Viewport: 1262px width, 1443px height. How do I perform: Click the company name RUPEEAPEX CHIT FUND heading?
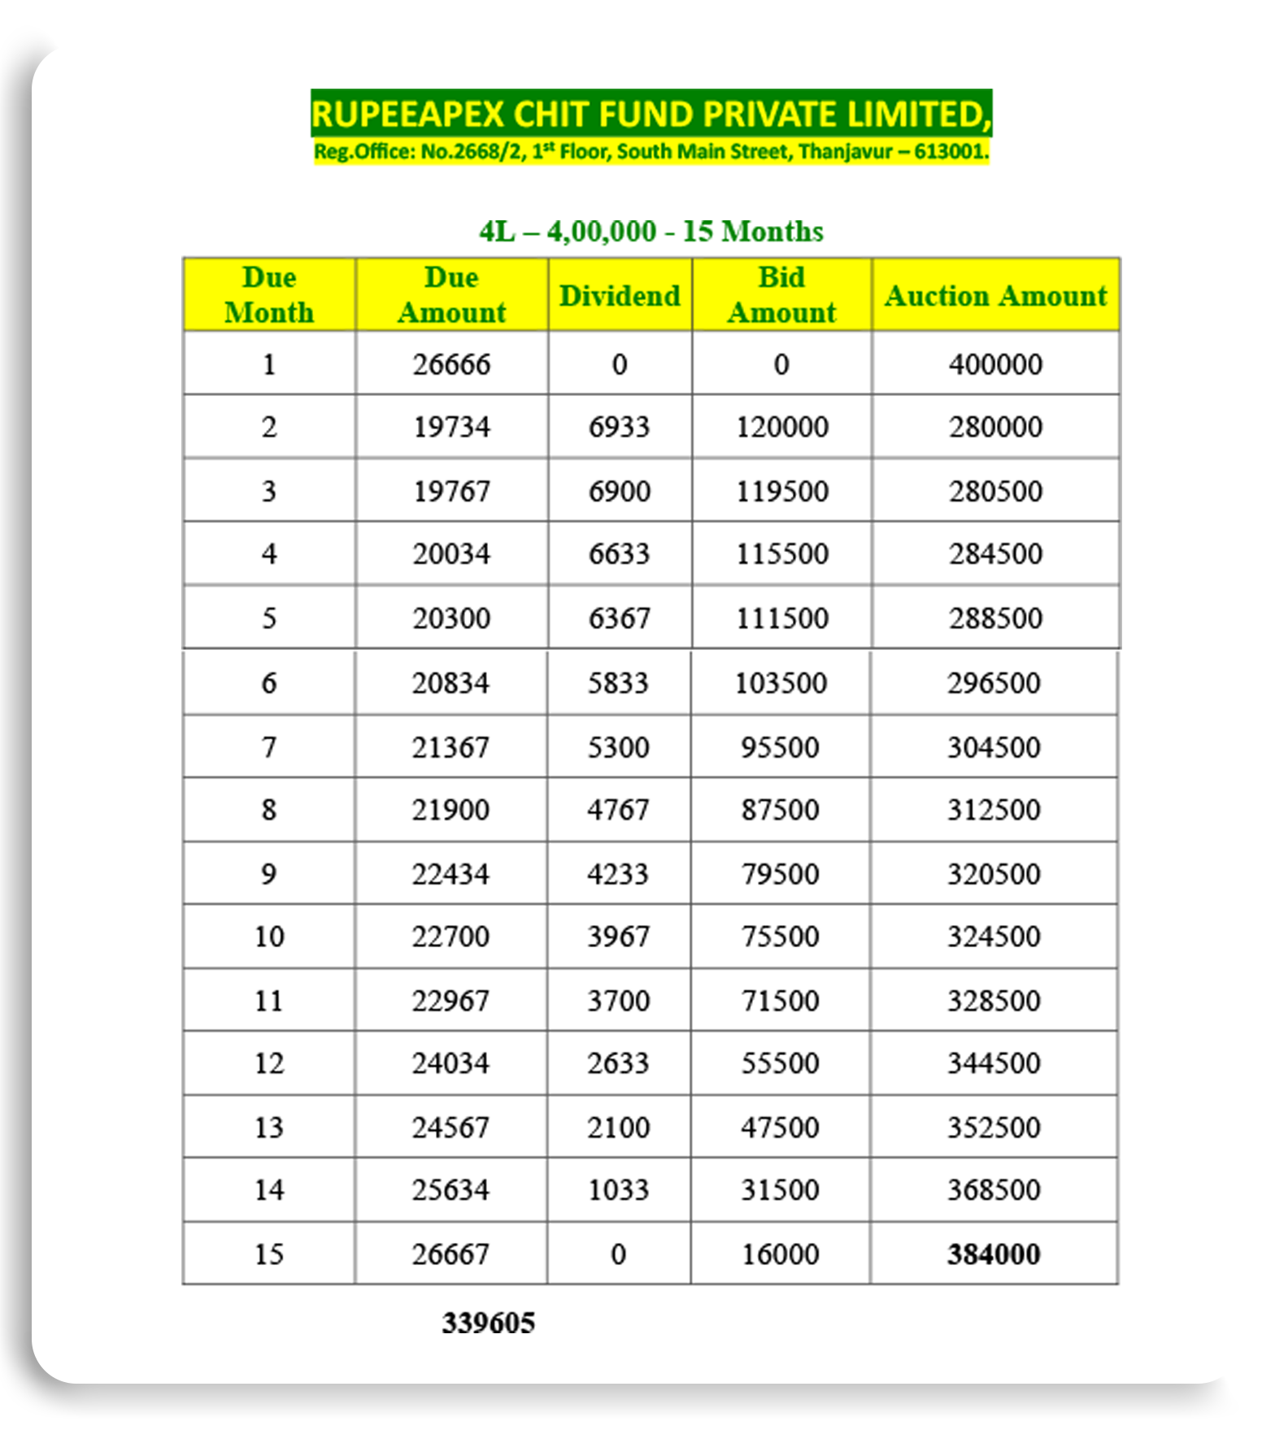[x=651, y=114]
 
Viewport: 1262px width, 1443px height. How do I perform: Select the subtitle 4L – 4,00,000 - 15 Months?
[x=651, y=232]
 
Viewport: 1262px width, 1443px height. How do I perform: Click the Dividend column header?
[x=620, y=296]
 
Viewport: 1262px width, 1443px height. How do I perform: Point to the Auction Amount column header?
[x=995, y=296]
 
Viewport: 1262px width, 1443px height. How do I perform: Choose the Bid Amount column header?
[x=781, y=295]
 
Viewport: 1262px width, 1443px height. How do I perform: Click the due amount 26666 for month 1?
[x=451, y=364]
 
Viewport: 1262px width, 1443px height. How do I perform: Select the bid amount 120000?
[x=781, y=428]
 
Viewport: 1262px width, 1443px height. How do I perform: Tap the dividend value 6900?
[x=620, y=491]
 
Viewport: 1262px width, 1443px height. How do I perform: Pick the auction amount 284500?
[x=995, y=554]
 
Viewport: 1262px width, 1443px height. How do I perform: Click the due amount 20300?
[x=451, y=619]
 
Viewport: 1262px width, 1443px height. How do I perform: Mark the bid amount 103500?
[x=781, y=683]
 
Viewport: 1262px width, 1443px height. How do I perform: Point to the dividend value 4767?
[x=619, y=810]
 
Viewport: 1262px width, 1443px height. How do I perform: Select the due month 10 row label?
[x=269, y=937]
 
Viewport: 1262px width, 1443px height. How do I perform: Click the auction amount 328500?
[x=994, y=1001]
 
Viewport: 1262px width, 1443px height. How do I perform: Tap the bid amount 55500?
[x=780, y=1063]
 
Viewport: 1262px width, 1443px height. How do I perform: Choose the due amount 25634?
[x=450, y=1190]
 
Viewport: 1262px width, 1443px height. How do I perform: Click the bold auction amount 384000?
[x=994, y=1254]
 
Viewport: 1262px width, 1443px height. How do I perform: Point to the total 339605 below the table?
[x=488, y=1323]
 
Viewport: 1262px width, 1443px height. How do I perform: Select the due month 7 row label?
[x=269, y=747]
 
